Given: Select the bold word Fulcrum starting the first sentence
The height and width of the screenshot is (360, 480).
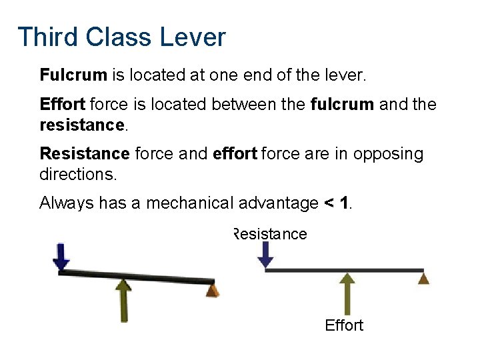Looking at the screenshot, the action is click(73, 75).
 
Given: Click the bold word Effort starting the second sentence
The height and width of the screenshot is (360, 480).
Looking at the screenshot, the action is click(62, 105).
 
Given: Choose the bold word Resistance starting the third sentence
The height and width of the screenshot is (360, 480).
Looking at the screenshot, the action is click(85, 154).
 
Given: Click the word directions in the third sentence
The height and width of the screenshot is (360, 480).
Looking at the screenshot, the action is click(77, 173).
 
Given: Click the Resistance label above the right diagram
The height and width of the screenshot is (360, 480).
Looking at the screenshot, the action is click(270, 234).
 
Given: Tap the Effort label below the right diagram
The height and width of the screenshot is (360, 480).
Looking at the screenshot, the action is click(344, 325).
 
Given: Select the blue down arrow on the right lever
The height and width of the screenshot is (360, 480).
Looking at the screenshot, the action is click(266, 254).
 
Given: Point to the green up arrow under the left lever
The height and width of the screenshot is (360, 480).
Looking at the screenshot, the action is click(123, 299).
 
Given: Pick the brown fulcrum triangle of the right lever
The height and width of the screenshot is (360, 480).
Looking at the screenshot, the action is click(423, 277).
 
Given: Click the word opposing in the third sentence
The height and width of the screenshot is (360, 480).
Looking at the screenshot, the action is click(388, 154).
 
